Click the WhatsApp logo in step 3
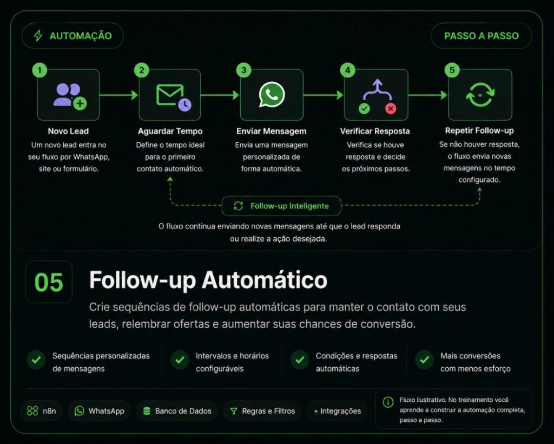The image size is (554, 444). point(272,94)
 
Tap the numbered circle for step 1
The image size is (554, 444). point(39,70)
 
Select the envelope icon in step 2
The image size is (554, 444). point(170,95)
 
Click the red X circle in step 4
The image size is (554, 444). point(391,108)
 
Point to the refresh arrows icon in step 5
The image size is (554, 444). point(480,94)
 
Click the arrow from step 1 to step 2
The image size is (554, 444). point(118,95)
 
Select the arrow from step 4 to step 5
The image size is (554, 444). point(428,95)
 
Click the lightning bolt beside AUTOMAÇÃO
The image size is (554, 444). point(38,36)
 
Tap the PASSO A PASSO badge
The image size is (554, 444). point(481,36)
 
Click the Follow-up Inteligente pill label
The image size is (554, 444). point(281,206)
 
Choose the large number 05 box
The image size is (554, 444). point(49,282)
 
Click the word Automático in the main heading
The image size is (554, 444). point(264,280)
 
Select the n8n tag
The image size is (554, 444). point(42,411)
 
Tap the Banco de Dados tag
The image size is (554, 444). point(177,411)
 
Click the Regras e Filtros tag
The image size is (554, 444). point(262,411)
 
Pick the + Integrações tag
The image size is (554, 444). point(338,411)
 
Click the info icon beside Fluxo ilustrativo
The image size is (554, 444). point(388,402)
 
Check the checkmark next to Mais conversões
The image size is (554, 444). point(424,360)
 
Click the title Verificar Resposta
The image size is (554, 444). point(375,131)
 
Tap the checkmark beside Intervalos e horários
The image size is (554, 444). point(180,360)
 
